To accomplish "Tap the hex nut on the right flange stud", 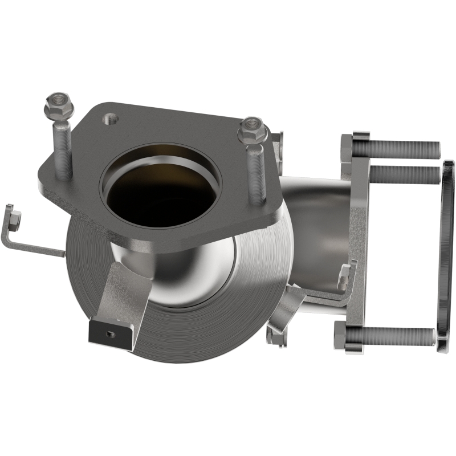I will tap(253, 131).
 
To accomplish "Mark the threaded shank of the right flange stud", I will tap(256, 173).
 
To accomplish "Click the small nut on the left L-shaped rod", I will tap(14, 218).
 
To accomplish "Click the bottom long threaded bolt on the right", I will tap(399, 336).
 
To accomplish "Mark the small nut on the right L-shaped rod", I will tap(344, 276).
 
